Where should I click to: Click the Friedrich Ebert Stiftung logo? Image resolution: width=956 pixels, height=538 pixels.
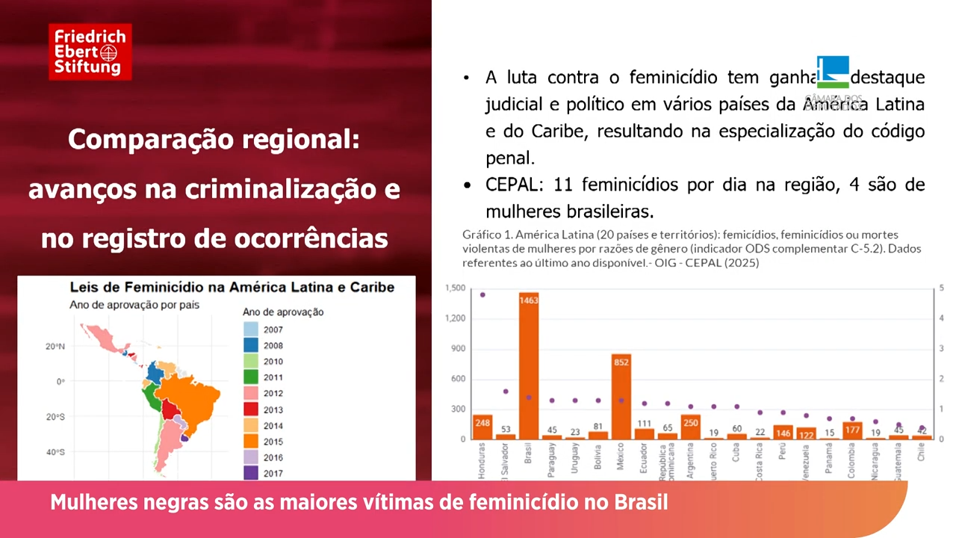tap(90, 52)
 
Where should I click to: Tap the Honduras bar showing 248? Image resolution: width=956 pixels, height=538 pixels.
tap(482, 427)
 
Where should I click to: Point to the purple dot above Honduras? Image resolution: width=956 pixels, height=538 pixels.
tap(482, 294)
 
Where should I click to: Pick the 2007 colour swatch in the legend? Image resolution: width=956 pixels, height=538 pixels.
tap(251, 330)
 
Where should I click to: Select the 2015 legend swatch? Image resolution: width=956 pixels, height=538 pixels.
tap(251, 442)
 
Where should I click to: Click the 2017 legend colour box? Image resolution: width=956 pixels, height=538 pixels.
tap(251, 473)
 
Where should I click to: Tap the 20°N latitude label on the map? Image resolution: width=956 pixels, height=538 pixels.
tap(55, 347)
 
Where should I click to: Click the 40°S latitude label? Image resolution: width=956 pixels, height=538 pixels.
tap(55, 452)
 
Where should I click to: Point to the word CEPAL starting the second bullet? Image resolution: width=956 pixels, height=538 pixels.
tap(507, 185)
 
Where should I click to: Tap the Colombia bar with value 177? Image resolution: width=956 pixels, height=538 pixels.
tap(852, 430)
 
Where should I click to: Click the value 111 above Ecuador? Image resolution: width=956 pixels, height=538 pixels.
tap(644, 424)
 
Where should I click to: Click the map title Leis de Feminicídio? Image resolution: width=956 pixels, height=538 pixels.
tap(232, 287)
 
